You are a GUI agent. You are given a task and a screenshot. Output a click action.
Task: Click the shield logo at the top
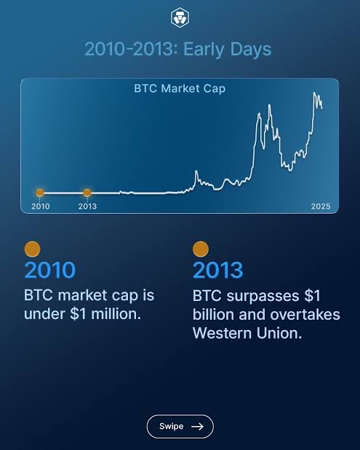[x=180, y=17]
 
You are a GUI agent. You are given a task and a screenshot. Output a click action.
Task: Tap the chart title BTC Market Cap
[x=180, y=89]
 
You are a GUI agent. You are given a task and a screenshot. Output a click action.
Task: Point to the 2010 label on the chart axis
[x=41, y=206]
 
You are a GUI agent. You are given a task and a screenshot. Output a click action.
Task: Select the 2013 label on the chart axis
[x=87, y=206]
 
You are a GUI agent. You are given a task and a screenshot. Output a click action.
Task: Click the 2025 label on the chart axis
[x=321, y=206]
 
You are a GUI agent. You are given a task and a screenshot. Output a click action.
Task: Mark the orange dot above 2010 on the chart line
[x=40, y=193]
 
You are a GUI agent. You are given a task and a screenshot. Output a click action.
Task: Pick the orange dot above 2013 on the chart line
[x=87, y=193]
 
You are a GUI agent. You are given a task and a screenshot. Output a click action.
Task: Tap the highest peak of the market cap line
[x=315, y=93]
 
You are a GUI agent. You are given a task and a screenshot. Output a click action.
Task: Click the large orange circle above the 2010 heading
[x=32, y=249]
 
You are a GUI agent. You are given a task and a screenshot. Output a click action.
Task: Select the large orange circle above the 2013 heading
[x=201, y=249]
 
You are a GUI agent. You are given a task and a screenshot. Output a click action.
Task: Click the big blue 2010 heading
[x=49, y=270]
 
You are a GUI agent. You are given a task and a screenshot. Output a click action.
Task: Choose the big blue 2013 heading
[x=217, y=270]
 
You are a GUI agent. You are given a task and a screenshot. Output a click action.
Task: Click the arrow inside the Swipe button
[x=196, y=427]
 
